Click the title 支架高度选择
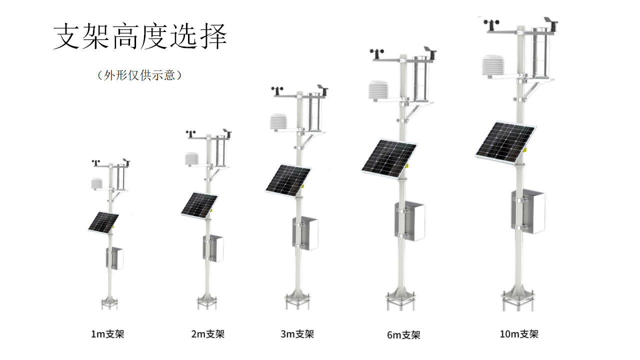[x=140, y=36]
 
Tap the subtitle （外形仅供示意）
[x=139, y=75]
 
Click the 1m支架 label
[x=107, y=334]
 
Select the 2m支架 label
[x=207, y=334]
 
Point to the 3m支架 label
[x=297, y=334]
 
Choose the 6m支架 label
[x=403, y=335]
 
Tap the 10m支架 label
[x=518, y=334]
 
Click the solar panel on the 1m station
[x=103, y=222]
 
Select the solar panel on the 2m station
[x=199, y=204]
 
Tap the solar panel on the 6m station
[x=389, y=158]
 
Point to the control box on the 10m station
[x=530, y=212]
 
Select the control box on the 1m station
[x=115, y=258]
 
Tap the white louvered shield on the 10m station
[x=494, y=67]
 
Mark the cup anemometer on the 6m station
[x=375, y=51]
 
